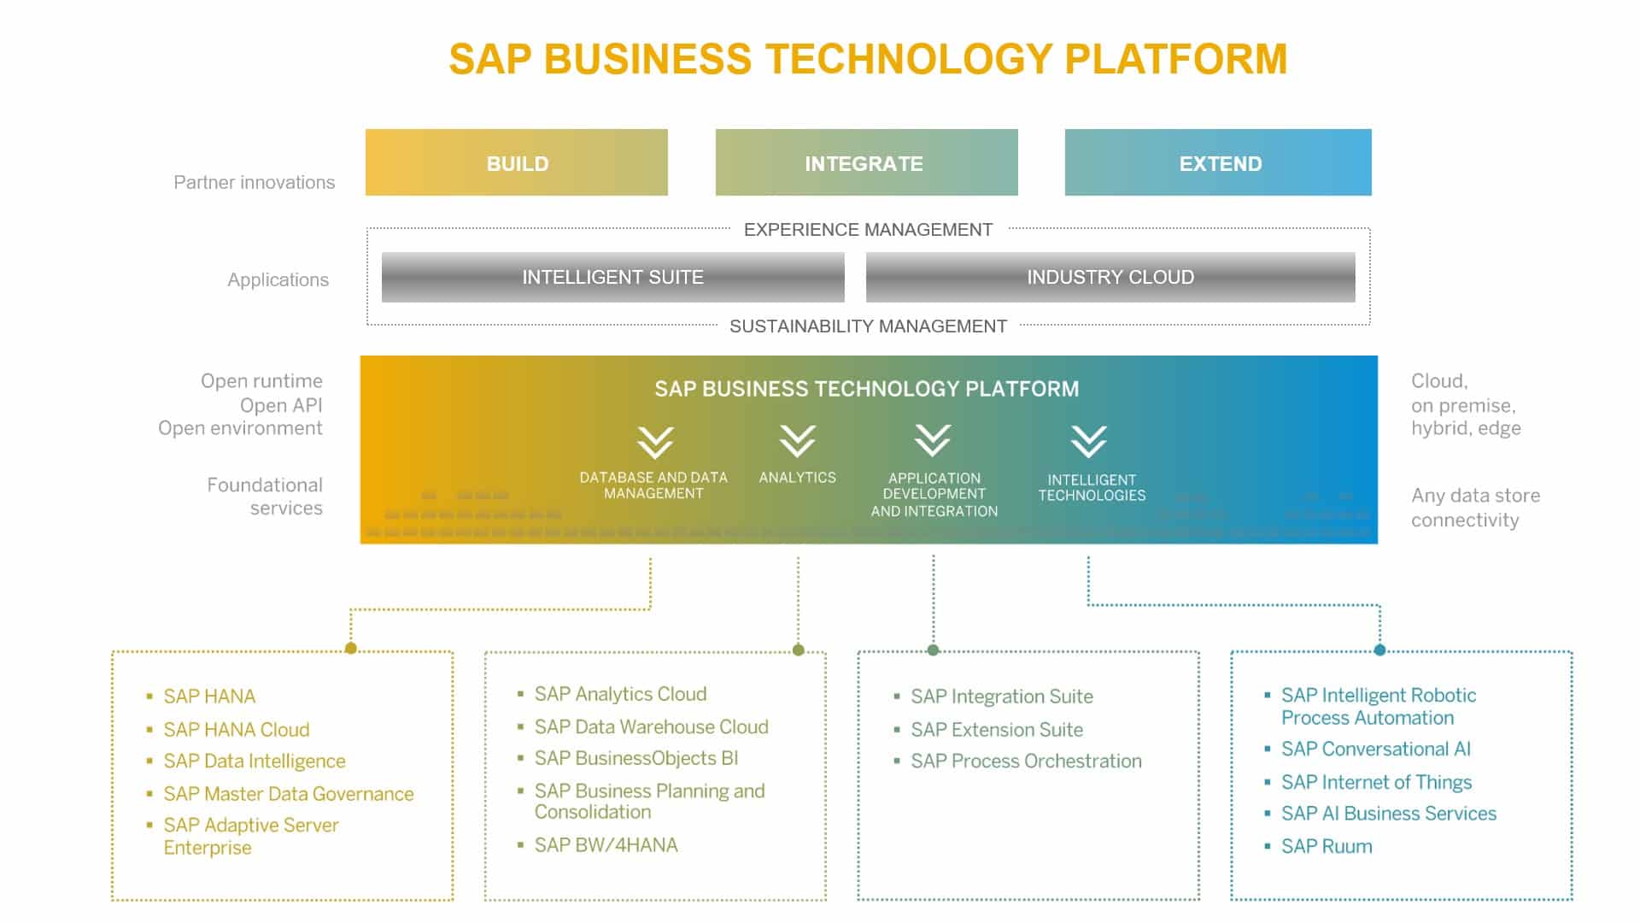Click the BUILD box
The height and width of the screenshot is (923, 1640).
[x=517, y=162]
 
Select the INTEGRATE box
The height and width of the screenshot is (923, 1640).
[x=866, y=162]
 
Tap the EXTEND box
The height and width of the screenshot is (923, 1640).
[x=1218, y=162]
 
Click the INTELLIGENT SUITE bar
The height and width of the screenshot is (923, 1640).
[x=612, y=277]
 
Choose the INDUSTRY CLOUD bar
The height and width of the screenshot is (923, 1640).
[x=1110, y=277]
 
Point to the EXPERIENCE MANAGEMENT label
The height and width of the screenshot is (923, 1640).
[x=868, y=229]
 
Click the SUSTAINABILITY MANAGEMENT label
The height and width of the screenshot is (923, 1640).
[x=868, y=326]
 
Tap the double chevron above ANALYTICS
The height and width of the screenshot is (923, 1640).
[x=797, y=441]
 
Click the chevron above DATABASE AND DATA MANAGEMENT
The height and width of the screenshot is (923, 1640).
[x=655, y=443]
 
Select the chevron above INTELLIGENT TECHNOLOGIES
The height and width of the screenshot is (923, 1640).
[x=1088, y=442]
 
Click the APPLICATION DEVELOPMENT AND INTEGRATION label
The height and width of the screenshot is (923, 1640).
[x=934, y=494]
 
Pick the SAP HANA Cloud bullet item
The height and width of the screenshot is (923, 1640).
[x=237, y=729]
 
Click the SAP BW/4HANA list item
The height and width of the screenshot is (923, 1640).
[x=606, y=844]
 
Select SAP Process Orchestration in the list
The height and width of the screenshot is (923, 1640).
[x=1026, y=761]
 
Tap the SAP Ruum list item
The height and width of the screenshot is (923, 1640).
[x=1327, y=846]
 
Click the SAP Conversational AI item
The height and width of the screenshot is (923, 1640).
[x=1375, y=749]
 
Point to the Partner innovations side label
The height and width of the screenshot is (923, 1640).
[x=254, y=182]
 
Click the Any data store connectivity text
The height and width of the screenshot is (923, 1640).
[x=1474, y=507]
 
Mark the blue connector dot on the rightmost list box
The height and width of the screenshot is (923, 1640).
[x=1379, y=650]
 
